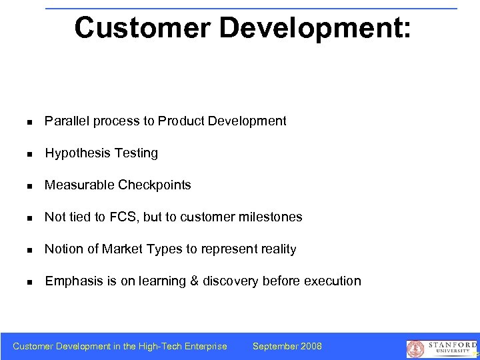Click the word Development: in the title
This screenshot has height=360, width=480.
coord(315,28)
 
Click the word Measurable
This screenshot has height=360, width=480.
coord(79,185)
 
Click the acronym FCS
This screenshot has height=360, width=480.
coord(117,217)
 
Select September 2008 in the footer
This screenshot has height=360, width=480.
coord(287,346)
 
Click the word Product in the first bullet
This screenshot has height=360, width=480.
coord(183,121)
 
